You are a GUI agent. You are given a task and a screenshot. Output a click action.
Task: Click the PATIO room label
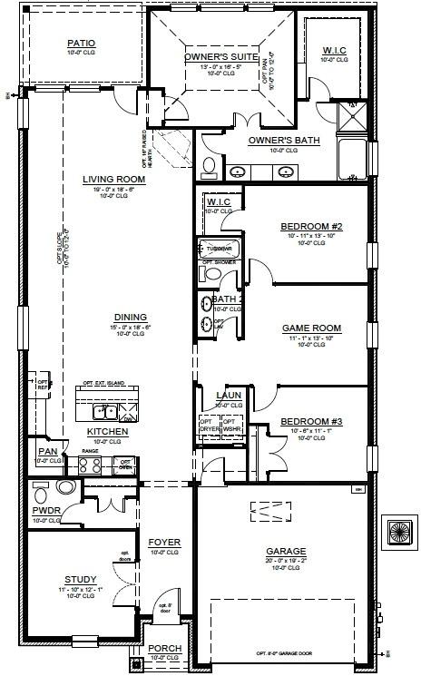pyautogui.click(x=81, y=43)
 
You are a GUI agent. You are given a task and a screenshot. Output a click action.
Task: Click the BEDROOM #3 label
pyautogui.click(x=311, y=422)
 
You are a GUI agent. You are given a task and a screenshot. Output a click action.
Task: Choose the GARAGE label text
pyautogui.click(x=286, y=551)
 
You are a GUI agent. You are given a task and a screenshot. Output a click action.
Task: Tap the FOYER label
pyautogui.click(x=164, y=543)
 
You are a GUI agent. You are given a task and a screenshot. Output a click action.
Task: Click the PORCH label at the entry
pyautogui.click(x=164, y=649)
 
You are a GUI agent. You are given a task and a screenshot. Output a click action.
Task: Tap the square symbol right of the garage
pyautogui.click(x=398, y=532)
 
